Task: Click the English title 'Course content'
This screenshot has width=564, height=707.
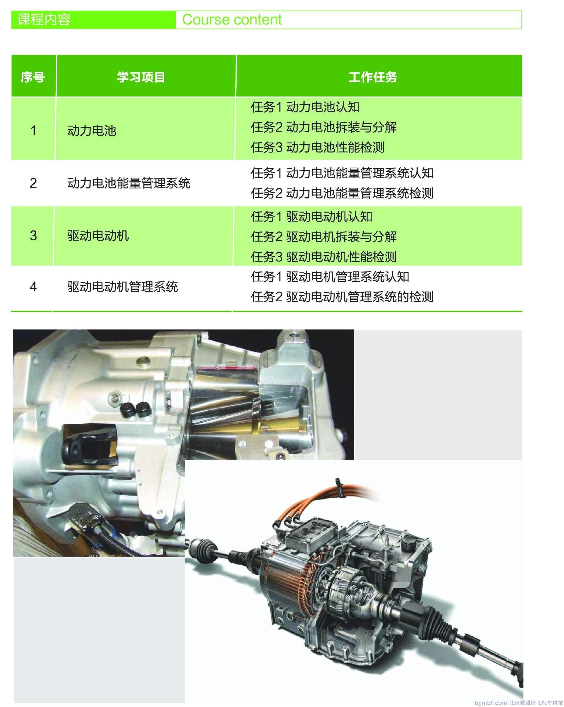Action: (232, 20)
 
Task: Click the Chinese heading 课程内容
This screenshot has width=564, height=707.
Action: (44, 20)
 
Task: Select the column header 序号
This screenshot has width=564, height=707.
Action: (33, 77)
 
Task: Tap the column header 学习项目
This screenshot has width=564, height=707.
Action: (141, 77)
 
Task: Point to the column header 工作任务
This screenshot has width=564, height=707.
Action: (373, 77)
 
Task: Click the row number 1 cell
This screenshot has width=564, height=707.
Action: (33, 130)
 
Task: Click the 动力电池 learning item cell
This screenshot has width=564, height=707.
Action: (92, 130)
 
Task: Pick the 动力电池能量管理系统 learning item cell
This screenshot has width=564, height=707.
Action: (129, 183)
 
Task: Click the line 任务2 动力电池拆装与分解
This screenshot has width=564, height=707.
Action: (324, 127)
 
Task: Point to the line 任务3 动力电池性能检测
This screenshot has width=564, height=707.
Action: (317, 147)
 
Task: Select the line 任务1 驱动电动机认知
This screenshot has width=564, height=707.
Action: (312, 216)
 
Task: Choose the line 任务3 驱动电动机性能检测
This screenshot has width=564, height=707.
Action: (324, 257)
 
